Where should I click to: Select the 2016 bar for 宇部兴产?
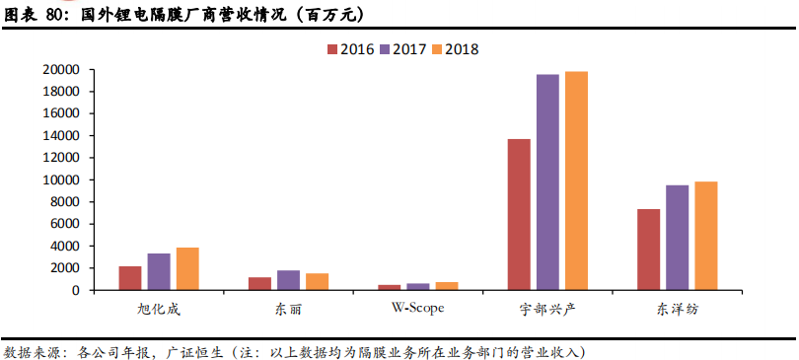[x=519, y=214]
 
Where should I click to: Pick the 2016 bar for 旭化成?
[x=130, y=278]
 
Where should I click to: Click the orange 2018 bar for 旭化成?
[x=187, y=268]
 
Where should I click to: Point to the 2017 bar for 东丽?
[x=288, y=280]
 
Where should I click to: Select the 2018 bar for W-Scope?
[x=447, y=286]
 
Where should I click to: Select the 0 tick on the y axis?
[x=74, y=291]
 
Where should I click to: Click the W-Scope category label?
[x=417, y=309]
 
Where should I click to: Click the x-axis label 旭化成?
[x=159, y=309]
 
